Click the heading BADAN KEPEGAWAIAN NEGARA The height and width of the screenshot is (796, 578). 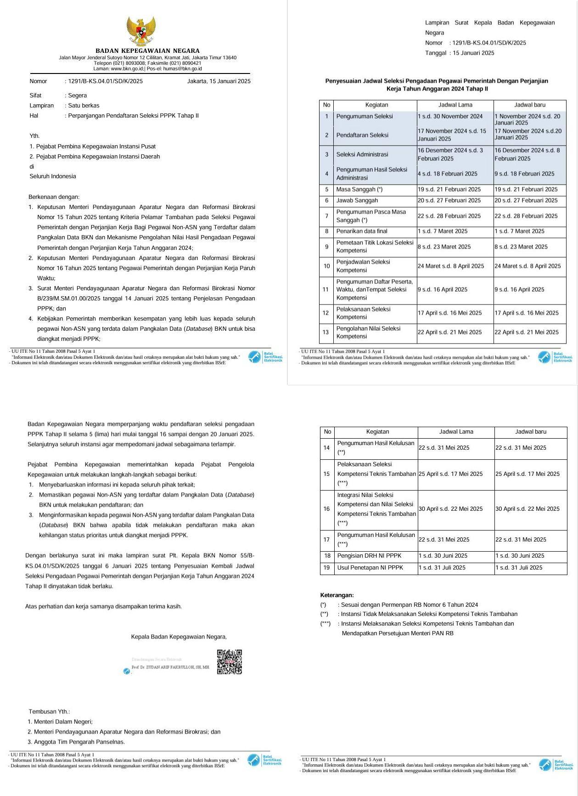tap(147, 51)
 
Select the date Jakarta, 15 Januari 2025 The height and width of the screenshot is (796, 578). tap(219, 81)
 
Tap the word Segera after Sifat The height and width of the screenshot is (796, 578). tap(77, 96)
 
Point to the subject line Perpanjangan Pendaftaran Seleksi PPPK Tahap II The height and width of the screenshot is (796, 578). tap(133, 116)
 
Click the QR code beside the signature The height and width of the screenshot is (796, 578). tap(229, 661)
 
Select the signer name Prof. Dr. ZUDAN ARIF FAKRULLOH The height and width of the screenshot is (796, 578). tap(170, 667)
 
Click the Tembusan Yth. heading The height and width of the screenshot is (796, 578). tap(50, 711)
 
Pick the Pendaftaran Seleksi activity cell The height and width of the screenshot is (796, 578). tap(362, 135)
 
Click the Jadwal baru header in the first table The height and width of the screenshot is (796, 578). tap(529, 105)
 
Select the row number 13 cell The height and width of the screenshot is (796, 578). tap(326, 332)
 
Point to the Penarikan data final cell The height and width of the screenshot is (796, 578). tap(362, 231)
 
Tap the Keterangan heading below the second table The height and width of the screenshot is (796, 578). tap(337, 595)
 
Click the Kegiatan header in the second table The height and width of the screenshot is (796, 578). tap(377, 432)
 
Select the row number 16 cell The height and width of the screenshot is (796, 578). tap(327, 509)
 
